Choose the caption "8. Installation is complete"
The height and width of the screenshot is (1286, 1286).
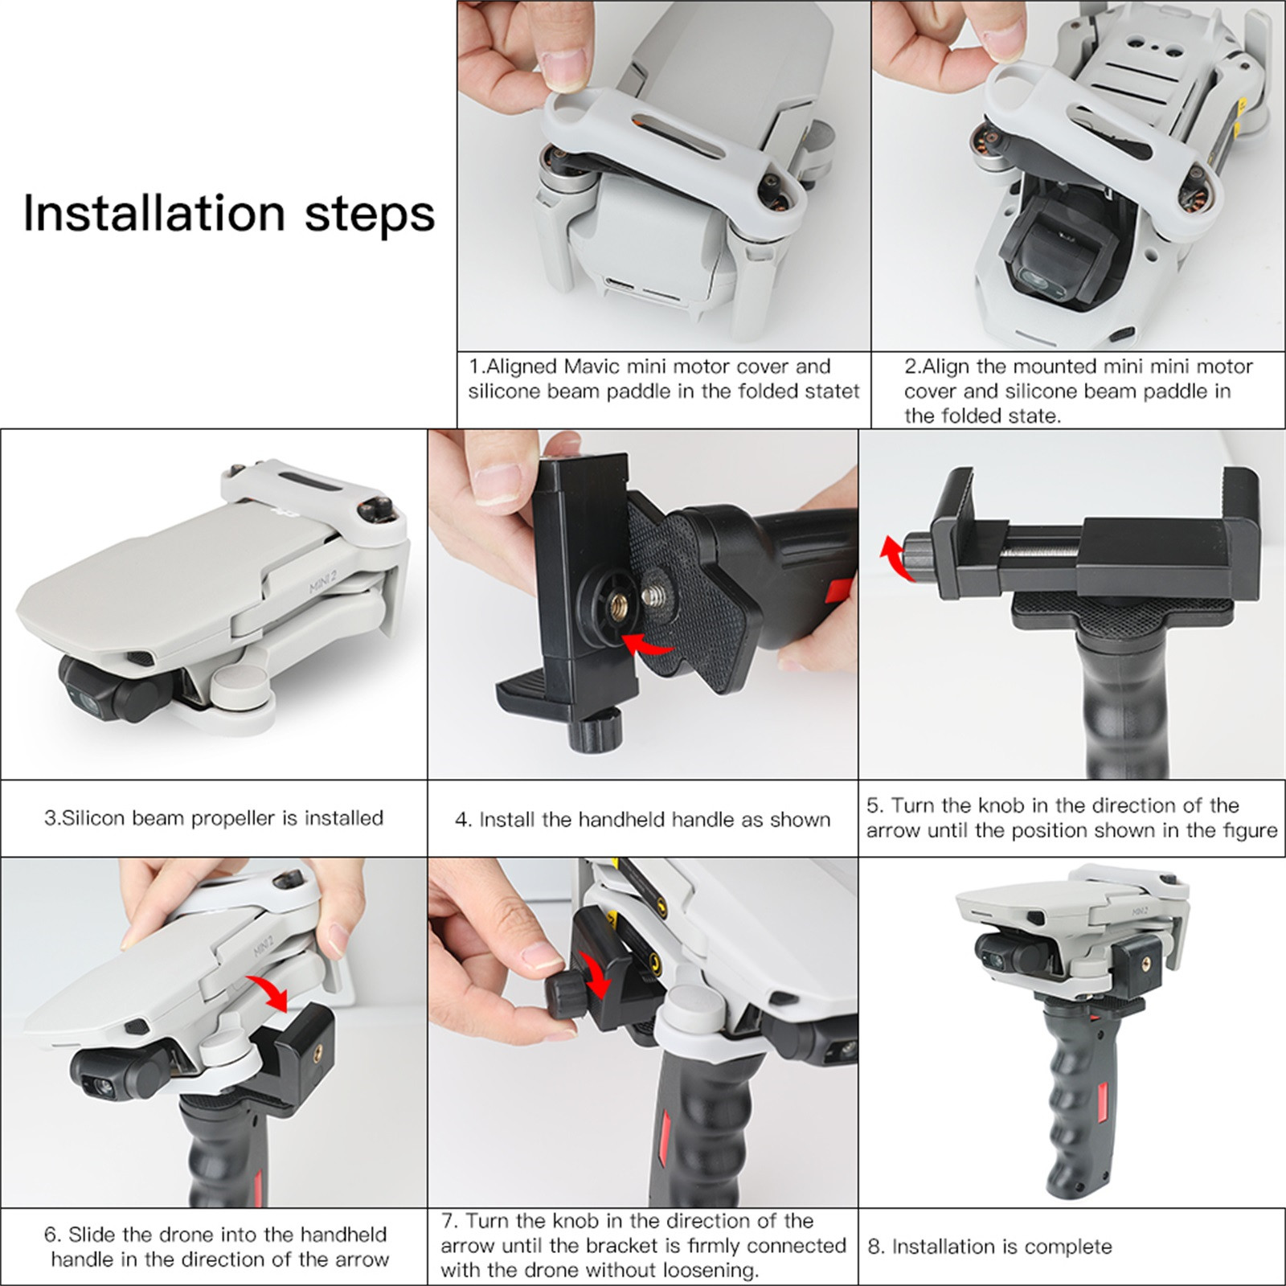click(990, 1247)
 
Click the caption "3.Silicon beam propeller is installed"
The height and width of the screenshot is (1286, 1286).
click(214, 818)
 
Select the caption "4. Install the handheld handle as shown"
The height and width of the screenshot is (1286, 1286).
click(643, 820)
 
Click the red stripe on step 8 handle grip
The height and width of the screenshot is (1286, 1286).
click(1101, 1104)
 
